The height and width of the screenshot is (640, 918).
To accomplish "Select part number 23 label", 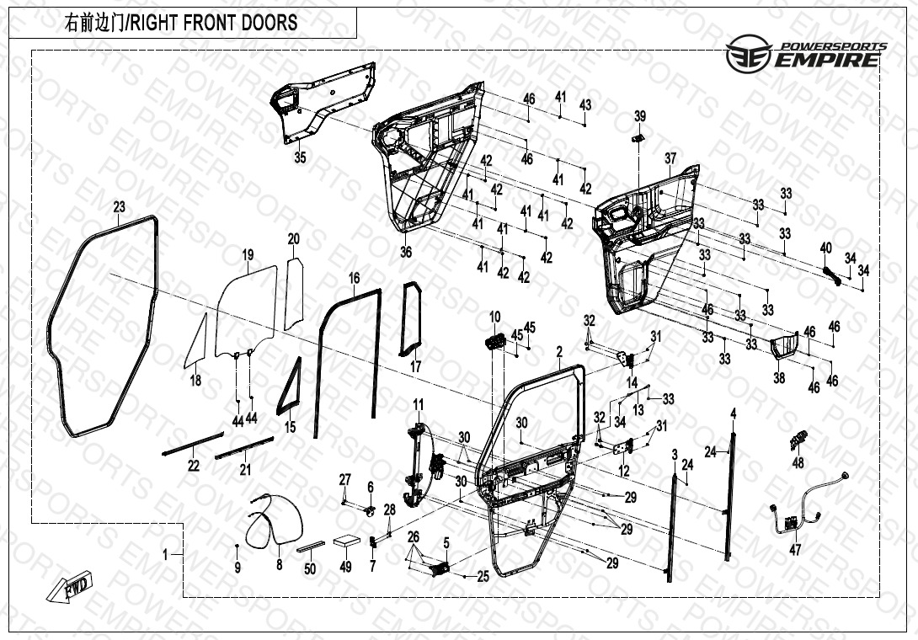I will [119, 206].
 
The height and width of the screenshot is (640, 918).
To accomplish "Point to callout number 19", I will [248, 254].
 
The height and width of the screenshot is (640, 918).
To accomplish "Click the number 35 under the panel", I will [300, 157].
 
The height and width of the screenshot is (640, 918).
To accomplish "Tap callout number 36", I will [406, 252].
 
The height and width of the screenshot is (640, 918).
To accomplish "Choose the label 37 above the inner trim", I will [670, 158].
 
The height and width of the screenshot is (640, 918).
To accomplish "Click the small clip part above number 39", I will [639, 136].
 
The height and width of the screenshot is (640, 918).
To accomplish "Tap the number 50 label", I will [310, 569].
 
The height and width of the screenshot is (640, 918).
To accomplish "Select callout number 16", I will [355, 278].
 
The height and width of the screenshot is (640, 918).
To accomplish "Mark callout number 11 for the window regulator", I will [419, 406].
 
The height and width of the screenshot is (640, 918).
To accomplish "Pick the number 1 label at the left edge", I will [166, 553].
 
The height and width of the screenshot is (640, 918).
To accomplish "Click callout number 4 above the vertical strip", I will [733, 413].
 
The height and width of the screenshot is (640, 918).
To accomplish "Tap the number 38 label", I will [779, 379].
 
